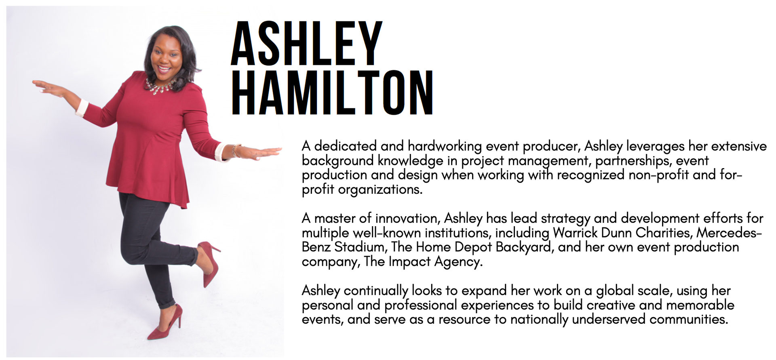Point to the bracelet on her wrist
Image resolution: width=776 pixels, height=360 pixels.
pos(235,150)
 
